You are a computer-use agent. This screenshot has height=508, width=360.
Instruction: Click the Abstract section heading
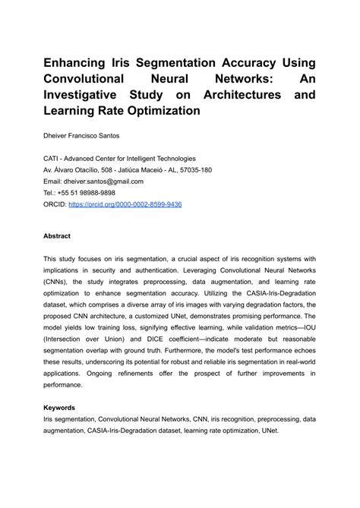pyautogui.click(x=57, y=236)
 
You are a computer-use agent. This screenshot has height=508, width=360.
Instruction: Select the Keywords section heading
pyautogui.click(x=59, y=408)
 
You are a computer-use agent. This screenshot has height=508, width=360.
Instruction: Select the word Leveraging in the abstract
pyautogui.click(x=201, y=270)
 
